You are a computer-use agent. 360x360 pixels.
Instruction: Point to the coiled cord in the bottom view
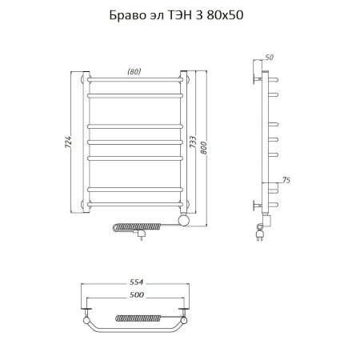coord(137,321)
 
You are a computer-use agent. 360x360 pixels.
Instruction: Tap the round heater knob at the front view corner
coord(182,218)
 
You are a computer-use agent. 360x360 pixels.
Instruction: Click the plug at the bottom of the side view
coord(260,233)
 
